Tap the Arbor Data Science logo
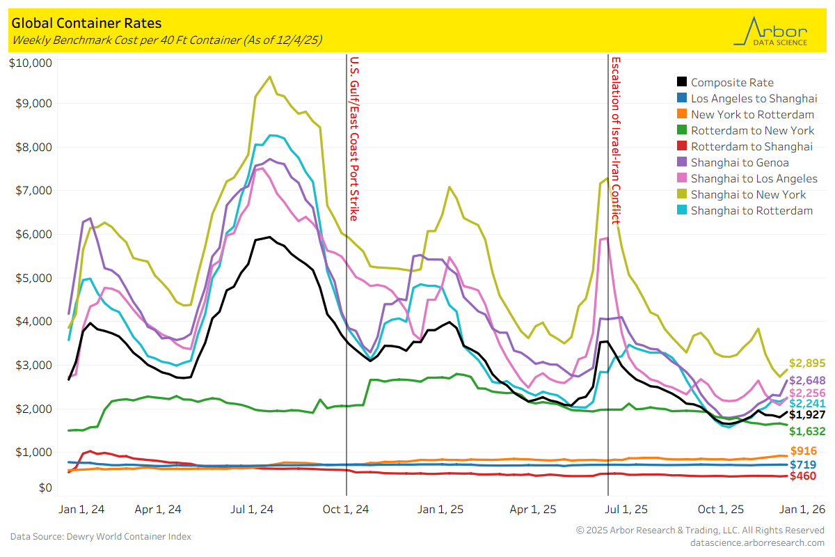click(x=770, y=32)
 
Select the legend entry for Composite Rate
click(x=732, y=82)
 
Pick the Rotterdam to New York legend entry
click(x=752, y=130)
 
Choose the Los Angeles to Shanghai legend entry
click(x=754, y=98)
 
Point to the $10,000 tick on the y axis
click(x=31, y=63)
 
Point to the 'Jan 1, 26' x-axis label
click(x=801, y=509)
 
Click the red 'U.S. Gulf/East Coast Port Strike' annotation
click(x=354, y=139)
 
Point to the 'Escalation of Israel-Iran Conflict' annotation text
click(x=615, y=140)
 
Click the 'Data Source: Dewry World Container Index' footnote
click(x=101, y=536)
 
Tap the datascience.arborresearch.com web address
click(x=757, y=542)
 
